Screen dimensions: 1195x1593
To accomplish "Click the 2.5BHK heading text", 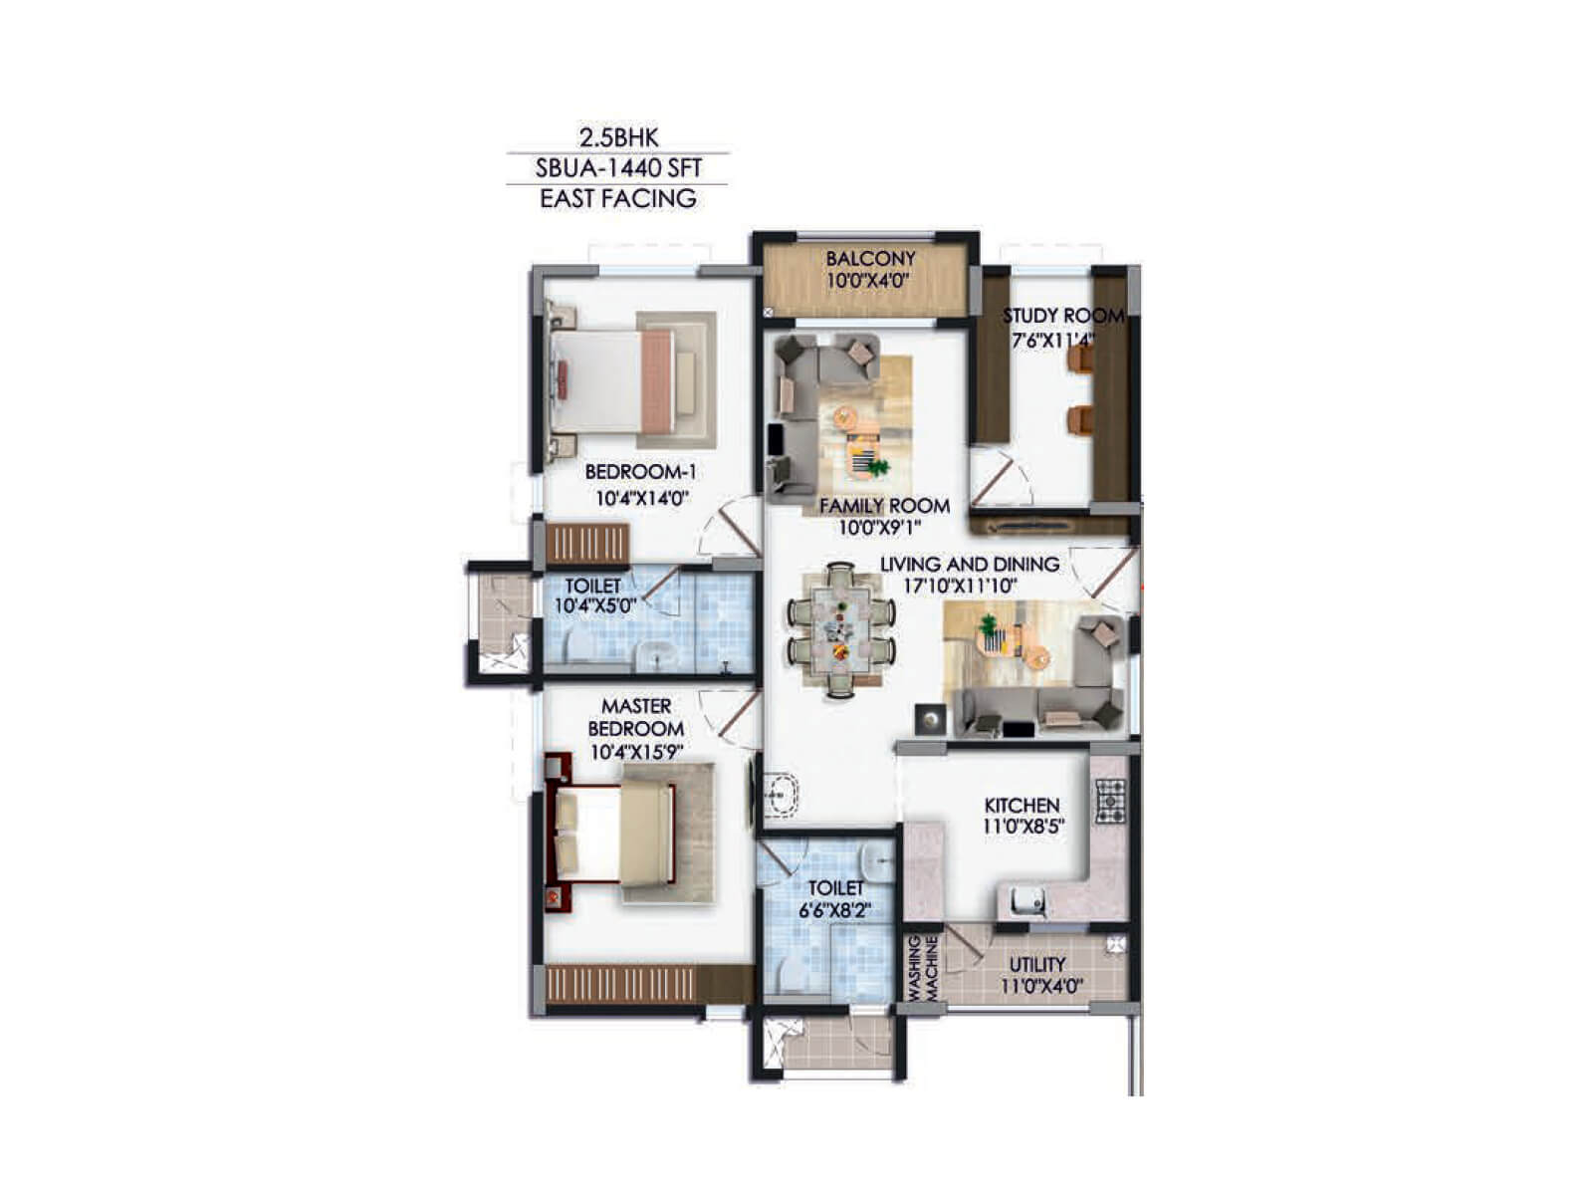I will coord(618,136).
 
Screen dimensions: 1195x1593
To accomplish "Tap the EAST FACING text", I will coord(618,198).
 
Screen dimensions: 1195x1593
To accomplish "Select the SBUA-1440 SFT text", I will coord(618,167).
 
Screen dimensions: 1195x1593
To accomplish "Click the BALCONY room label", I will coord(870,259).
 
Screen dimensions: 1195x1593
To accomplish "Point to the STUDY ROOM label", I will coord(1062,316).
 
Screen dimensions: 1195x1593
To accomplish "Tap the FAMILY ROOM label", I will coord(884,506).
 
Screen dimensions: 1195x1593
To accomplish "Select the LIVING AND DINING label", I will coord(969,565).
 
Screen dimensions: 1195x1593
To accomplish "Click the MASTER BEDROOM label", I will coord(636,717).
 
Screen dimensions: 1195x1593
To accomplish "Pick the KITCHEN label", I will coord(1022,805).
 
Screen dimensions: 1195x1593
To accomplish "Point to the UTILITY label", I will coord(1037,964).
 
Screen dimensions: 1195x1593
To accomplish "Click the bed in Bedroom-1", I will coord(617,380).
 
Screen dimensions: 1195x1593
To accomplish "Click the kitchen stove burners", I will coord(1110,801).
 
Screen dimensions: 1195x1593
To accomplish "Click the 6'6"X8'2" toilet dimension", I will coord(835,910).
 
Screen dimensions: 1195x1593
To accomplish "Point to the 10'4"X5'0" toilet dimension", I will coord(594,605).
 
